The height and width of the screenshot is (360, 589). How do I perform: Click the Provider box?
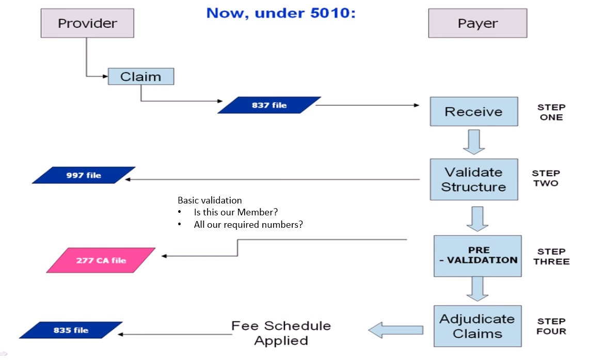pyautogui.click(x=87, y=23)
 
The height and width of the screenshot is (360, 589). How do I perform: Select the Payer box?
pyautogui.click(x=477, y=23)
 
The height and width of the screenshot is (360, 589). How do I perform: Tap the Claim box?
pyautogui.click(x=141, y=76)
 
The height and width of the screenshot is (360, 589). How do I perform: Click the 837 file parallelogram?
pyautogui.click(x=269, y=105)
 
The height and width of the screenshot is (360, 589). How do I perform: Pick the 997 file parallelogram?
pyautogui.click(x=84, y=175)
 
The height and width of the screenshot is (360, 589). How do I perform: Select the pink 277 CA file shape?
pyautogui.click(x=101, y=260)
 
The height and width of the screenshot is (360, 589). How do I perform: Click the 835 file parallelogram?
pyautogui.click(x=71, y=330)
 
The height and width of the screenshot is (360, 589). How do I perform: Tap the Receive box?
pyautogui.click(x=474, y=112)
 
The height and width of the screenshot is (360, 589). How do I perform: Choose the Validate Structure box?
pyautogui.click(x=474, y=179)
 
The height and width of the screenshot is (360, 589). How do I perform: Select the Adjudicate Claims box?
pyautogui.click(x=477, y=326)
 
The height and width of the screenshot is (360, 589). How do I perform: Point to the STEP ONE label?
pyautogui.click(x=551, y=112)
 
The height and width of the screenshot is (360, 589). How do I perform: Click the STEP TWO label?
pyautogui.click(x=546, y=178)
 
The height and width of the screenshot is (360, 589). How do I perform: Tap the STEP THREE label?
pyautogui.click(x=551, y=256)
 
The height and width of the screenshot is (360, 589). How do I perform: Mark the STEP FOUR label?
pyautogui.click(x=551, y=326)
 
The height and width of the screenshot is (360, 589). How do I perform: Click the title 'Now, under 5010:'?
pyautogui.click(x=281, y=13)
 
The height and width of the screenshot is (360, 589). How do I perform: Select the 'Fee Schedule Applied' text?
pyautogui.click(x=281, y=333)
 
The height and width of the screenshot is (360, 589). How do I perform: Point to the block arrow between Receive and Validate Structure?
pyautogui.click(x=473, y=142)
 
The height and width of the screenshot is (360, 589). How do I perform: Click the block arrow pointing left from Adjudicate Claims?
pyautogui.click(x=395, y=330)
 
